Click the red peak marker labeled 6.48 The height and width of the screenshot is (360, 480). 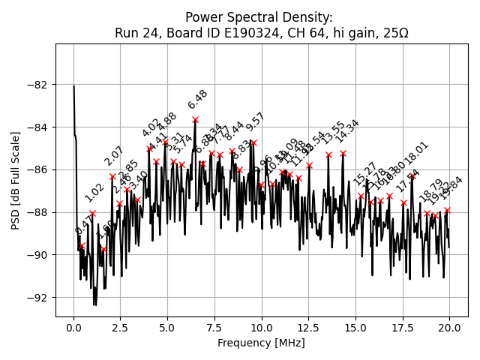(x=195, y=119)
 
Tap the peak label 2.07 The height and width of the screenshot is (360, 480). (x=114, y=156)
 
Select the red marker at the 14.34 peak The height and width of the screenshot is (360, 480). (x=343, y=153)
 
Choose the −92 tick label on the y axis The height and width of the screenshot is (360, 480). (x=39, y=298)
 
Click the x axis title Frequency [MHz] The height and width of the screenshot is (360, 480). (x=261, y=343)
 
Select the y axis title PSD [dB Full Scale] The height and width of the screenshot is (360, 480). (x=16, y=180)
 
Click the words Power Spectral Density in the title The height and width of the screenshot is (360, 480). (x=259, y=17)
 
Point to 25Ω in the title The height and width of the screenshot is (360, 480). (x=394, y=33)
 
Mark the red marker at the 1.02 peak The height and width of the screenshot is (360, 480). (x=93, y=213)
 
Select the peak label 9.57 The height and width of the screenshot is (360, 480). (x=256, y=123)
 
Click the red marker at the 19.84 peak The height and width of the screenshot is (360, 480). (x=447, y=211)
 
